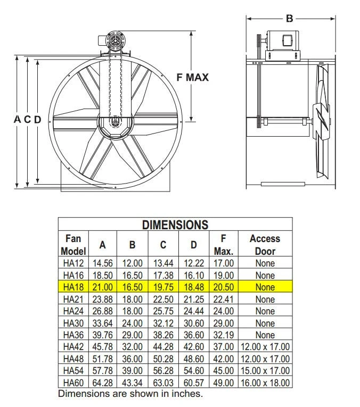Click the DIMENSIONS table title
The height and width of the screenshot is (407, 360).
[x=175, y=225]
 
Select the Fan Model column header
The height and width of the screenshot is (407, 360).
[x=73, y=244]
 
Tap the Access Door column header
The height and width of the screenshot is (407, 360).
[x=265, y=244]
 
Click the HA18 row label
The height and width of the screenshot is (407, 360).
[x=73, y=287]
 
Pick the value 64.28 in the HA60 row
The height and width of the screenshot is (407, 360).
[x=103, y=383]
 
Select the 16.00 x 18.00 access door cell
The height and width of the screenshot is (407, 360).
[x=265, y=383]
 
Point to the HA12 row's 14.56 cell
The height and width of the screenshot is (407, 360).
[x=103, y=263]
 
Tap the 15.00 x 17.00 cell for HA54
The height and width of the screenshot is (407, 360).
[x=265, y=371]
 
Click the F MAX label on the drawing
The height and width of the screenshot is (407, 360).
[x=192, y=78]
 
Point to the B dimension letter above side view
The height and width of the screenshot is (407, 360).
[x=290, y=19]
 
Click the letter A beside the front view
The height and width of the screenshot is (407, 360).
[x=17, y=120]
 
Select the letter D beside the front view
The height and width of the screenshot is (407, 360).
[x=37, y=120]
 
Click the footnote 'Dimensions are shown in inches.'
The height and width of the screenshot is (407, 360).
[x=130, y=394]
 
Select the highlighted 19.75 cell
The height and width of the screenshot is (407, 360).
[x=163, y=287]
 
